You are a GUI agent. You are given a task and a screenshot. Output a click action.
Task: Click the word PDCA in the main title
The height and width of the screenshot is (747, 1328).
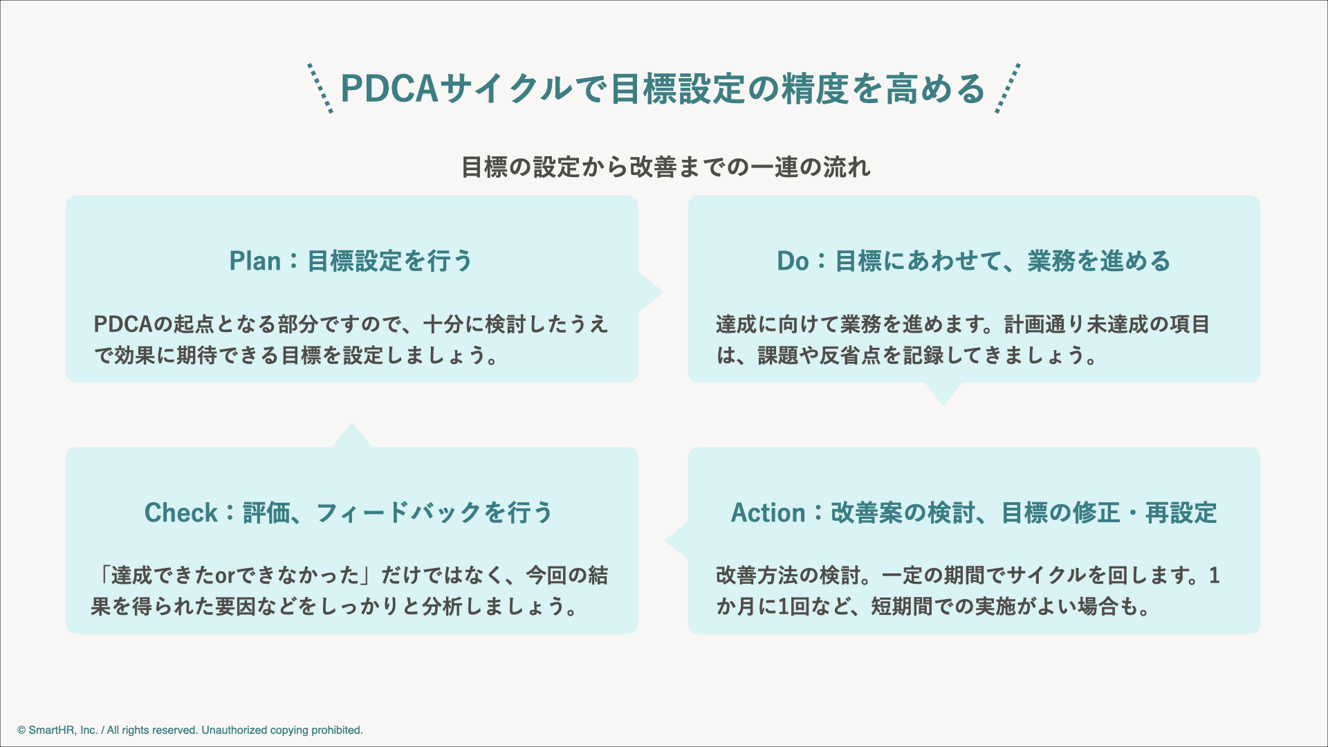[389, 89]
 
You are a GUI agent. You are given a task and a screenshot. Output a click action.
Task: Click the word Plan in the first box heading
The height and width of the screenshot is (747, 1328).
[255, 261]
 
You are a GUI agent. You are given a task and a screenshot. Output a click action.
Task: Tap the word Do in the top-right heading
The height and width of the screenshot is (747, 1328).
[792, 261]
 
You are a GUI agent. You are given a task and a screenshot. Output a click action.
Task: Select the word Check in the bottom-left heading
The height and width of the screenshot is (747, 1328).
[181, 513]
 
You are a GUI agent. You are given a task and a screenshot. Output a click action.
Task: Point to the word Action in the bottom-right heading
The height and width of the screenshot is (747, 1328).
[768, 513]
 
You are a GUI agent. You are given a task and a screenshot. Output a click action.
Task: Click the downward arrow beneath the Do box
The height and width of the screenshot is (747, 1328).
[943, 394]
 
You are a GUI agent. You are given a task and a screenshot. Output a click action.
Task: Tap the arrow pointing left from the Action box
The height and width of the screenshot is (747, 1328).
[677, 541]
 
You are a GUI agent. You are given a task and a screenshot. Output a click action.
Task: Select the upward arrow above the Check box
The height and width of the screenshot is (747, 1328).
[352, 435]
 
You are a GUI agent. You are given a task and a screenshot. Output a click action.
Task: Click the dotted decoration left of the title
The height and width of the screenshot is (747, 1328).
[320, 88]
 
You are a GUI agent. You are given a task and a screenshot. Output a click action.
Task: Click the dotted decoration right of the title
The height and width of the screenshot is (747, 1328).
[1008, 88]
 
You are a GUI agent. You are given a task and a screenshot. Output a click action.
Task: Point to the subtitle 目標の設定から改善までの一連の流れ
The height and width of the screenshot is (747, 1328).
[665, 167]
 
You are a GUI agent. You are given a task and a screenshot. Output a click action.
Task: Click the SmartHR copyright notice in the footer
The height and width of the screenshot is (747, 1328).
[190, 730]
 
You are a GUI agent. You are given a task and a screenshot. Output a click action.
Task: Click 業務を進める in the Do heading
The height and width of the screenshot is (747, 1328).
[1098, 261]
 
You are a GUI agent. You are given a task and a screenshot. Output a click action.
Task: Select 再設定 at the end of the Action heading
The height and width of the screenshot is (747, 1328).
[1181, 513]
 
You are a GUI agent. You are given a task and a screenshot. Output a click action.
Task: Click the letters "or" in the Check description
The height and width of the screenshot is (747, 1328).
[225, 575]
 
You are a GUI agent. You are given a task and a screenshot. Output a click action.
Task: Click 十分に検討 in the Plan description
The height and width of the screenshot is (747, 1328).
[474, 324]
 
